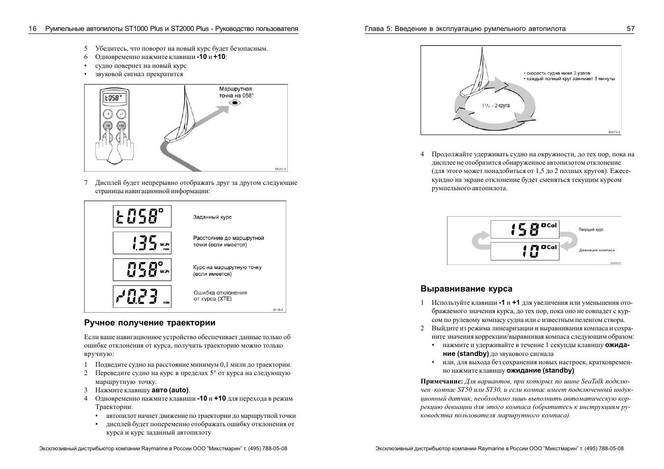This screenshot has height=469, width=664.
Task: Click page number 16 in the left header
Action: coord(32,29)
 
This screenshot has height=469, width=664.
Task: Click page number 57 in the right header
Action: coord(630,29)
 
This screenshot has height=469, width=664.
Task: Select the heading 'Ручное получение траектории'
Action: coord(150,323)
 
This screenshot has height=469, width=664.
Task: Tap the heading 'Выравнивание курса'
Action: coord(466,289)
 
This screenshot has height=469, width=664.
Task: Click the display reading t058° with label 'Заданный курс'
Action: coord(142,216)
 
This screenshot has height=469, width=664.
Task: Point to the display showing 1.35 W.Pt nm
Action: coord(142,243)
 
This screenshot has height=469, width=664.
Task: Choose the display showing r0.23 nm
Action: coord(142,296)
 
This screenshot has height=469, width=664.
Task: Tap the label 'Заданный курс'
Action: coord(212,217)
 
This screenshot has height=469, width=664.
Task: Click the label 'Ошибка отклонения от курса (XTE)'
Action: coord(220,295)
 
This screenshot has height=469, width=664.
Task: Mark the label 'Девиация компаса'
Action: coord(597,250)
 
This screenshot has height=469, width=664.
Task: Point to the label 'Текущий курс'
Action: coord(591,230)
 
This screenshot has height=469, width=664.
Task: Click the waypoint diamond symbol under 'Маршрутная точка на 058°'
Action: coord(236,103)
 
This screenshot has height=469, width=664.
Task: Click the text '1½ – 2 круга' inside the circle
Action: coord(495,106)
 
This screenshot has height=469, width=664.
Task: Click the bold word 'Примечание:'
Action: coord(442,381)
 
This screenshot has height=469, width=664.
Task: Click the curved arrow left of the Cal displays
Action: coord(479,240)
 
